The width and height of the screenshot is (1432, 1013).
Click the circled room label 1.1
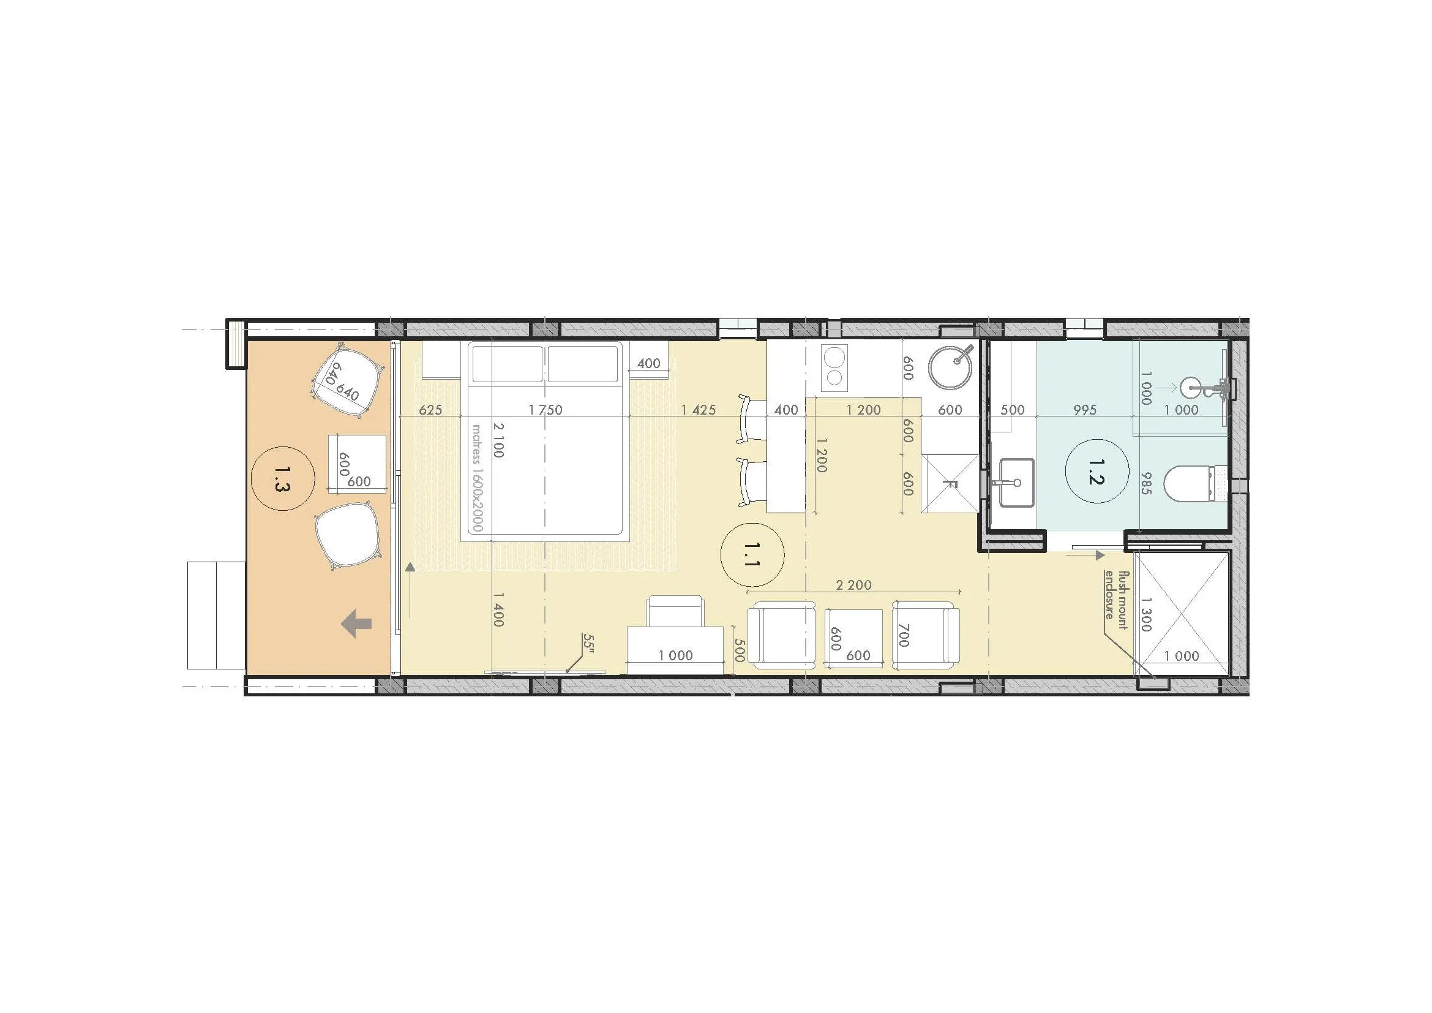(752, 554)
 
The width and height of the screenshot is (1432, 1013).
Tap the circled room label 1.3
(282, 478)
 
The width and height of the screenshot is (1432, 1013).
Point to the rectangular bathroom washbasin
(1017, 482)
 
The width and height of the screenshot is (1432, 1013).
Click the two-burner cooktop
(834, 367)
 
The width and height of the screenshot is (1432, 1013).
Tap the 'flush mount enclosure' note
(1117, 595)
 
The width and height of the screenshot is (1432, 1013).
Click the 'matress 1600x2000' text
(477, 478)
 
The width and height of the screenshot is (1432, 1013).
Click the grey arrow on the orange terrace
(358, 623)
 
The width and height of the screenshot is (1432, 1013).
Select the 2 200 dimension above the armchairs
(853, 585)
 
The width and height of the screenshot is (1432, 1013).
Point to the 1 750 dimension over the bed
(545, 410)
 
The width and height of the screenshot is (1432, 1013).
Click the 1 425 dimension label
(699, 410)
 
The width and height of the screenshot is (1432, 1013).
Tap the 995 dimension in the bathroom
(1085, 410)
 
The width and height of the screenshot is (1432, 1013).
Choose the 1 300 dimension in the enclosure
(1145, 614)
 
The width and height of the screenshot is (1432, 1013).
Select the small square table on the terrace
(358, 464)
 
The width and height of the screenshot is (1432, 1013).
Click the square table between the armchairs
(853, 639)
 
